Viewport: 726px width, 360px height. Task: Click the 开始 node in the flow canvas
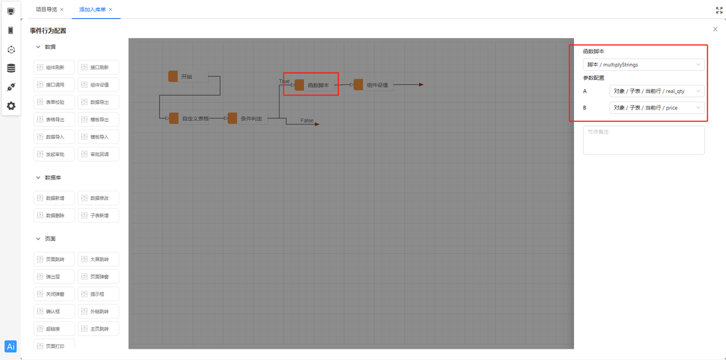[x=187, y=77]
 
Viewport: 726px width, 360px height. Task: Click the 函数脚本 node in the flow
[x=317, y=85]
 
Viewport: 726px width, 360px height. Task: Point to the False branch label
[x=307, y=121]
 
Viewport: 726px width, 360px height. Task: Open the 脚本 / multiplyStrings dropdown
[x=644, y=65]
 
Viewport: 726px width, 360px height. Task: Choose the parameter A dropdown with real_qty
[x=657, y=91]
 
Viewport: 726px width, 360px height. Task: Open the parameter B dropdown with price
[x=657, y=108]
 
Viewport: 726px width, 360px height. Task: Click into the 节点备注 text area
[x=644, y=140]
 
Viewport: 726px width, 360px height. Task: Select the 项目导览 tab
[x=47, y=10]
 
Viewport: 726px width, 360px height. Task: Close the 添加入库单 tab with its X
[x=111, y=10]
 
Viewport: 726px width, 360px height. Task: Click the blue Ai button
[x=11, y=346]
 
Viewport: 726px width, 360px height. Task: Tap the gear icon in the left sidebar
[x=11, y=106]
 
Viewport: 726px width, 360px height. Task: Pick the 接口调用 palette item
[x=55, y=84]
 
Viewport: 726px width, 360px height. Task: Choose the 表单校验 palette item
[x=55, y=102]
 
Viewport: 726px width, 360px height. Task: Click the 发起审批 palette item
[x=55, y=154]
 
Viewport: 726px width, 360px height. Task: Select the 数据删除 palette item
[x=55, y=215]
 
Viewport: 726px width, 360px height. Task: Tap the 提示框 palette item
[x=99, y=294]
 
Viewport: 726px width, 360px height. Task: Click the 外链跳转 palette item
[x=99, y=311]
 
